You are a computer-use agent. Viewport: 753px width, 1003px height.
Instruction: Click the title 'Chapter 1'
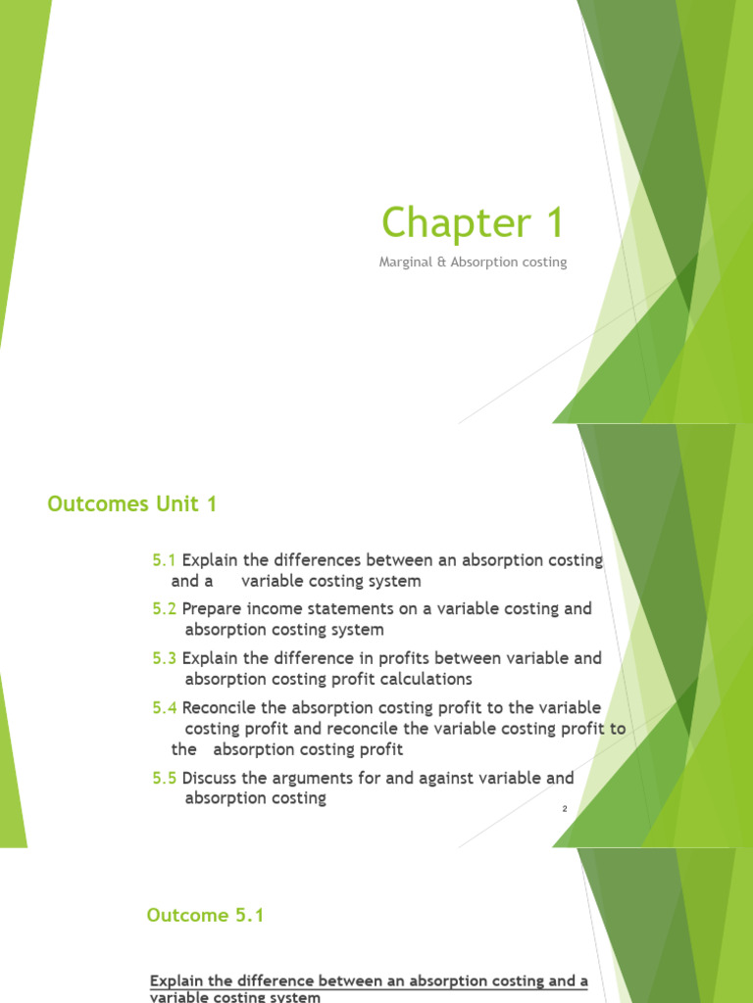(x=473, y=223)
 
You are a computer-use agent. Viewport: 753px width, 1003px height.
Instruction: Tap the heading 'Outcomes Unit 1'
(x=132, y=504)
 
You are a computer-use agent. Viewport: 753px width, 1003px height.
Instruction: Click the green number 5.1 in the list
(x=164, y=560)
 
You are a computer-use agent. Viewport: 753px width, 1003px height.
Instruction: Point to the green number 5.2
(x=164, y=608)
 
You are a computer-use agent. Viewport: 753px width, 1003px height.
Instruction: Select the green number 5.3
(x=164, y=658)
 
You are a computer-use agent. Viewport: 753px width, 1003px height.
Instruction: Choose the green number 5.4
(x=164, y=708)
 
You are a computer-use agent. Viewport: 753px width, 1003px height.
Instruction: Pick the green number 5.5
(x=164, y=778)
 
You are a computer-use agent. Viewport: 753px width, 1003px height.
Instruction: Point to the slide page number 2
(x=566, y=809)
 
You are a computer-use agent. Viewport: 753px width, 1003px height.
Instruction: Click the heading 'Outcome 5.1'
(x=205, y=916)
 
